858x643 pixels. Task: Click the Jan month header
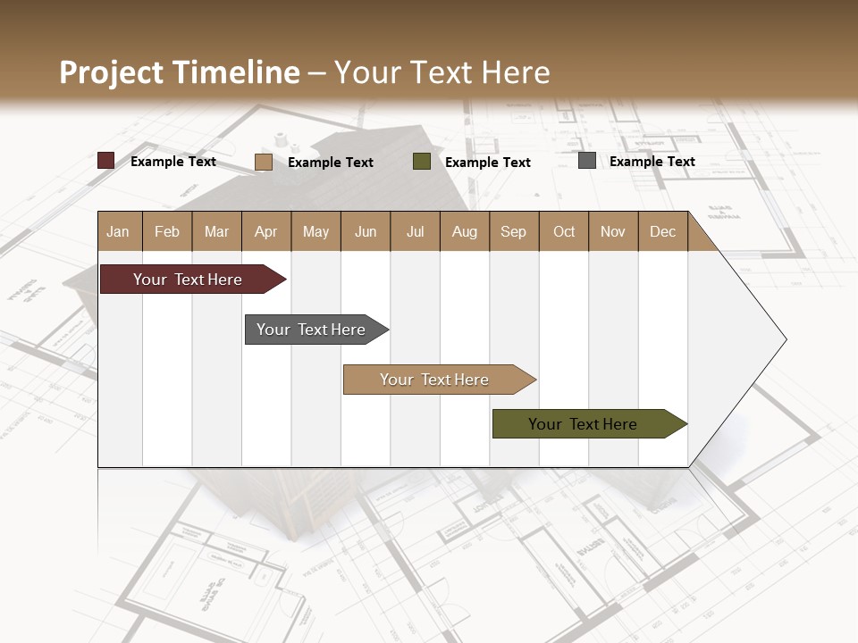tap(119, 231)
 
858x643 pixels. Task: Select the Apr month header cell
tap(266, 231)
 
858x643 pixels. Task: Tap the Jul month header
tap(415, 231)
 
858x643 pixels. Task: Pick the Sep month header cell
tap(514, 231)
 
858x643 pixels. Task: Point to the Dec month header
tap(662, 231)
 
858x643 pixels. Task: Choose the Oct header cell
tap(564, 231)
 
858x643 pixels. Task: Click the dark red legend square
tap(106, 161)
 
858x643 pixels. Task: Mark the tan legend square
tap(264, 162)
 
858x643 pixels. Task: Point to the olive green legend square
tap(422, 162)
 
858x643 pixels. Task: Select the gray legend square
tap(587, 161)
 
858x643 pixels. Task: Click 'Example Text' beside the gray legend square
tap(652, 162)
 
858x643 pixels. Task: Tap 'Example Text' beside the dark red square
tap(173, 162)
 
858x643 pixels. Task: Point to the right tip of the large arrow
tap(785, 339)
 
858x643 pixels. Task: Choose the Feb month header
tap(167, 231)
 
